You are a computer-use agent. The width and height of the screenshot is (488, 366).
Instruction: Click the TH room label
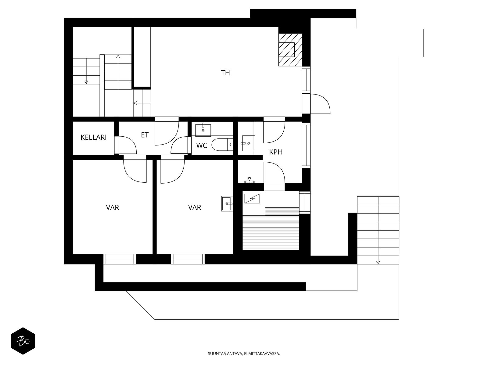pos(225,73)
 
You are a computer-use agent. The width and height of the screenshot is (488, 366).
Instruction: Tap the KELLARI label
pos(94,137)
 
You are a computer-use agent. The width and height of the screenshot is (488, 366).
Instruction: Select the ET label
pos(145,135)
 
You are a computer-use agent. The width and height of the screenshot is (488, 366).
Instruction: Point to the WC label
pos(202,145)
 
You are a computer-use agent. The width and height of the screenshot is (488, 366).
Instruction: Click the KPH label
pos(276,152)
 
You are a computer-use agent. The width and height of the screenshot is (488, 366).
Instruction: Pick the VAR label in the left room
pos(113,207)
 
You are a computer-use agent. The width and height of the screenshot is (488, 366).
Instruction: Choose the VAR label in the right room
pos(195,207)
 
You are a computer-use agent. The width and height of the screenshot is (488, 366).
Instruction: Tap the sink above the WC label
pos(203,130)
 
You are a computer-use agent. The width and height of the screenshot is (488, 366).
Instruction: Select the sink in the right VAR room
pos(227,203)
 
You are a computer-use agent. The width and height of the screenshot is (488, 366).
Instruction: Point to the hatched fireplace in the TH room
pos(290,50)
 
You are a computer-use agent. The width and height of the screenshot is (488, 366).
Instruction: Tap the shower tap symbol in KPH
pos(250,181)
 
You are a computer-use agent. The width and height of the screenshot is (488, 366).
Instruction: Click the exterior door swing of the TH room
pos(320,104)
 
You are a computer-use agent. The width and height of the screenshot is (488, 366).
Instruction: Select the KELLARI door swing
pos(127,145)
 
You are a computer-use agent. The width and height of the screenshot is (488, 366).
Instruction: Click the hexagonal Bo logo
pos(23,341)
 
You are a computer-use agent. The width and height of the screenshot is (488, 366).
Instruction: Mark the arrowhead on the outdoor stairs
pos(378,262)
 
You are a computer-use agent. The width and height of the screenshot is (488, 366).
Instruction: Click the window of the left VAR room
pos(120,259)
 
